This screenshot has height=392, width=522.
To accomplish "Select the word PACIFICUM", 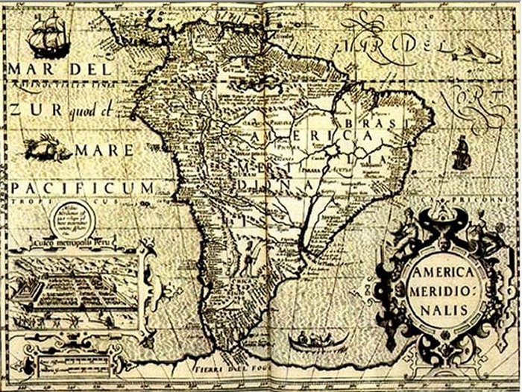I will pyautogui.click(x=82, y=186).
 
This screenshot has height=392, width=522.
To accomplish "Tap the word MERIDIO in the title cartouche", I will pyautogui.click(x=444, y=289).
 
